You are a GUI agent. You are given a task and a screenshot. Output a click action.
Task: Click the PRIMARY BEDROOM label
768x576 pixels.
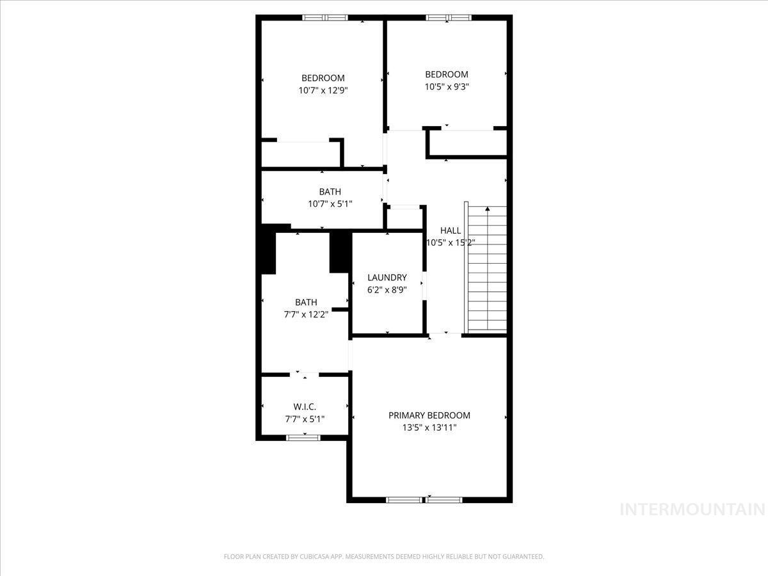tap(429, 415)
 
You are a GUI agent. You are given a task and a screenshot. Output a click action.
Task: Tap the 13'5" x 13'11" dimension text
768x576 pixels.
tap(429, 428)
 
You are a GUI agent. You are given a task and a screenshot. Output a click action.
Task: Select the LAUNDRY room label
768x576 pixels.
tap(387, 277)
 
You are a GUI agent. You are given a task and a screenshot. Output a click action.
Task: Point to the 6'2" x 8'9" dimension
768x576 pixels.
tap(387, 289)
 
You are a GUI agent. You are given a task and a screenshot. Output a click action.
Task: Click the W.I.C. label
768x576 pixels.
tap(305, 407)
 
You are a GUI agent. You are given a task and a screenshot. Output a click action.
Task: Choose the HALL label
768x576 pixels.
tap(450, 230)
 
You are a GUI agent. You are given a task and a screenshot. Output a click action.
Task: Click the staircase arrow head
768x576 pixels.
tap(488, 209)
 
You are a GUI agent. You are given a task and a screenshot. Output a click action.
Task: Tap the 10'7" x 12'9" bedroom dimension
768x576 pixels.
tap(323, 90)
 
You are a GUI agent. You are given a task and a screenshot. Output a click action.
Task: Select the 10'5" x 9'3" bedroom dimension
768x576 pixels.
tap(447, 86)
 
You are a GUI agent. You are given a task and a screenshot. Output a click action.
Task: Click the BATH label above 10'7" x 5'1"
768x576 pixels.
tap(330, 191)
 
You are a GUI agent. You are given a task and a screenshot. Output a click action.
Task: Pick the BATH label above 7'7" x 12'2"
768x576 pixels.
tap(306, 302)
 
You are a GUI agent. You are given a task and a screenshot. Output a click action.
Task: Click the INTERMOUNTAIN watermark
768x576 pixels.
tap(693, 509)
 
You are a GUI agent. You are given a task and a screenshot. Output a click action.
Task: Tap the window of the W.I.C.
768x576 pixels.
tap(303, 438)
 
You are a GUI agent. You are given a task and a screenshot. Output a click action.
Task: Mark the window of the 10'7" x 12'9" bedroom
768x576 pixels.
tap(324, 17)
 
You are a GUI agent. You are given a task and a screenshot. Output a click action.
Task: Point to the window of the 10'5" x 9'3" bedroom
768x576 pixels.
tap(448, 17)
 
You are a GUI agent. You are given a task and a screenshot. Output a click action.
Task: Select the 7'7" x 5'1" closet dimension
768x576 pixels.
tap(305, 419)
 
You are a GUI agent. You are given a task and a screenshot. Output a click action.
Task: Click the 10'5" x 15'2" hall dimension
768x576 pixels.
tap(450, 243)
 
